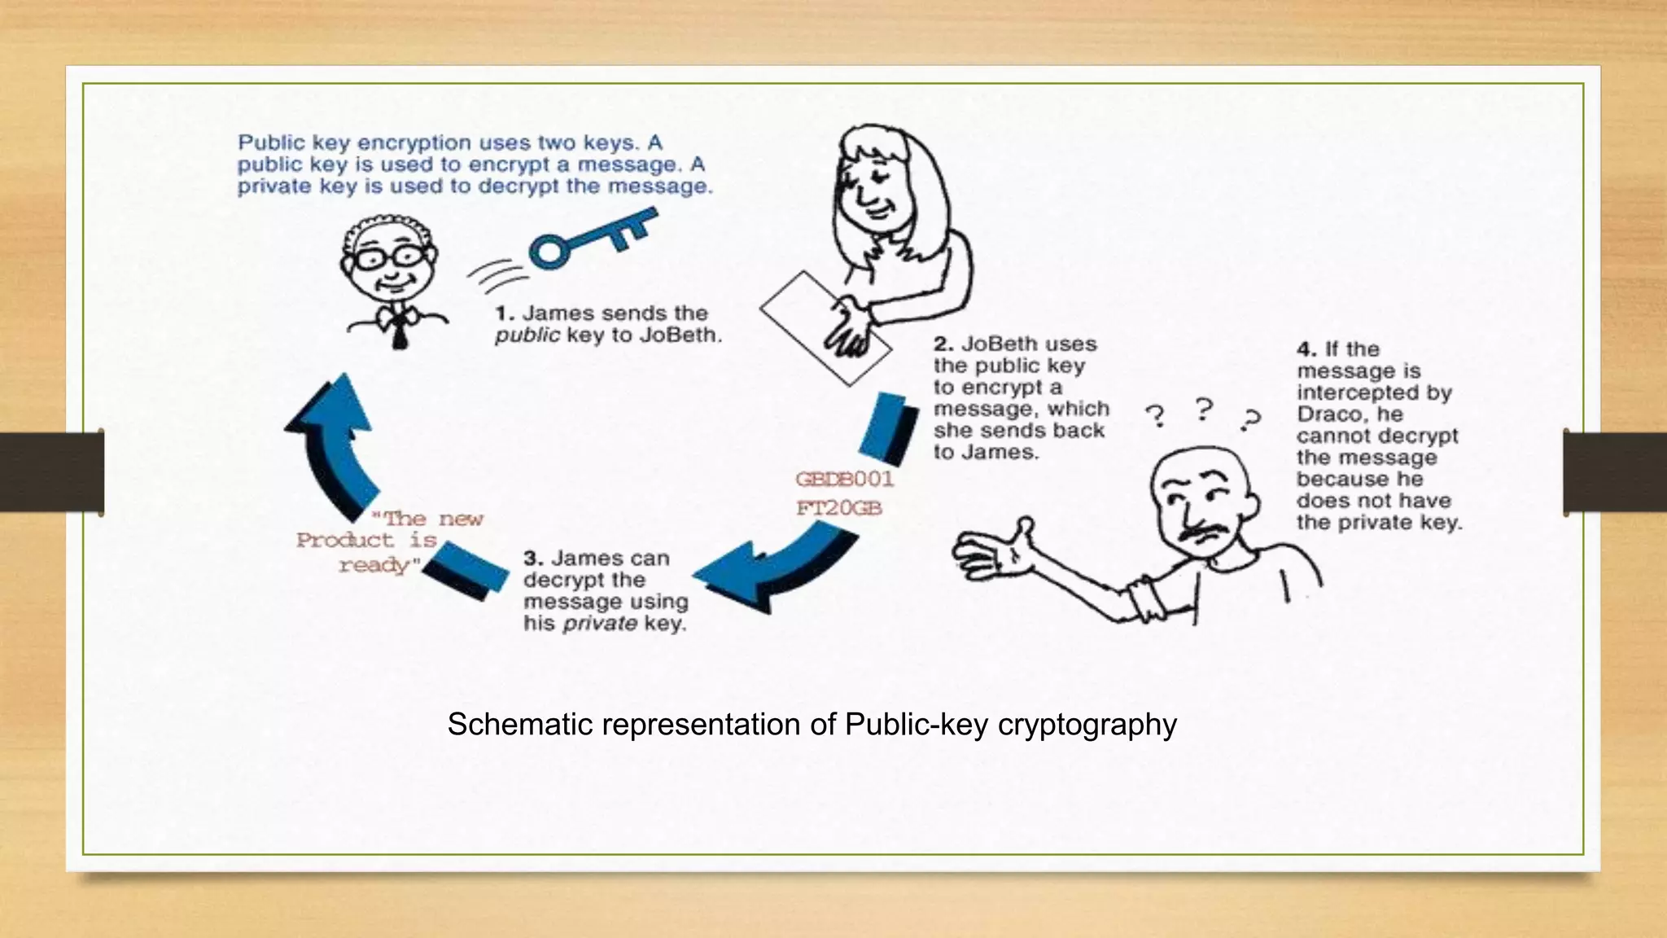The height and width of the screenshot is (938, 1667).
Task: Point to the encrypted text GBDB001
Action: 844,479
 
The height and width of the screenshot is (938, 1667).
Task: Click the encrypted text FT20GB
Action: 838,508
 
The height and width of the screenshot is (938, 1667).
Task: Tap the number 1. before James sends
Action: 505,313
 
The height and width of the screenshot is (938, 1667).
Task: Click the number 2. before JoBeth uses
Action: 943,344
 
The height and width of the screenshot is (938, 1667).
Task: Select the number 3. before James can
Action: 533,559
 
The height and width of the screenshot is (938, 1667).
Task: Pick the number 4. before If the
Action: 1306,349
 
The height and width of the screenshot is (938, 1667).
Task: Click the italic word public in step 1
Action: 527,335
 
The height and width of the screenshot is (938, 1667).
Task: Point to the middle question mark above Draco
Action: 1205,407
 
